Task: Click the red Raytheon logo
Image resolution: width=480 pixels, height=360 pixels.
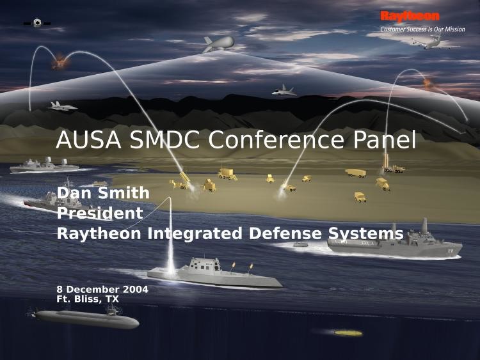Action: (410, 16)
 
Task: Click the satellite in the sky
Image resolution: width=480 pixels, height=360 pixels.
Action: (37, 23)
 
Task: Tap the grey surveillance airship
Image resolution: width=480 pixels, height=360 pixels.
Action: (219, 43)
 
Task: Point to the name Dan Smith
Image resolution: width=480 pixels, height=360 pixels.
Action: (103, 193)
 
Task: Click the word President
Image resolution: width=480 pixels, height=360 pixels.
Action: (100, 213)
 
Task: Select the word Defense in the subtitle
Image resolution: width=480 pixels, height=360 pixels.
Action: (285, 233)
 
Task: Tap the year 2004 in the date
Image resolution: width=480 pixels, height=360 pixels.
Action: (136, 290)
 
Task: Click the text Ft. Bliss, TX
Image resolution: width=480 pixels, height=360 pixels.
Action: (88, 299)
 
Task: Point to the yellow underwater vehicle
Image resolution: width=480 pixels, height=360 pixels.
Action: (348, 333)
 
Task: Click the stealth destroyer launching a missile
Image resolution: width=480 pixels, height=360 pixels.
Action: (215, 274)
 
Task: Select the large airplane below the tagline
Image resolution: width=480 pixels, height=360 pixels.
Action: (435, 43)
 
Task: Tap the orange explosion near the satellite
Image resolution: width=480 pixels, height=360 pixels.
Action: (60, 62)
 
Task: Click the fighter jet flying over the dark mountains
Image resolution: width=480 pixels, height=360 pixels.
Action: (284, 91)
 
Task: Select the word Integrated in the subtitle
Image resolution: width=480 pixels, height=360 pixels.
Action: (195, 234)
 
